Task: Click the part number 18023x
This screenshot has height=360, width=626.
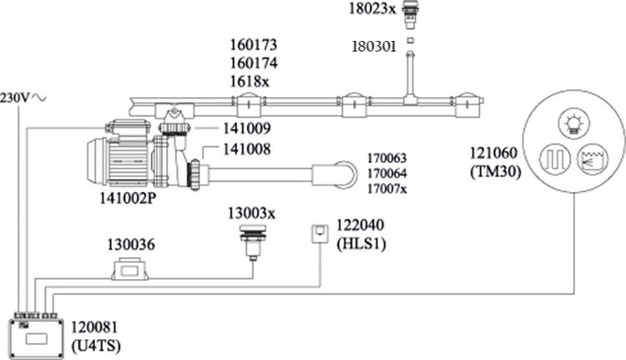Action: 372,9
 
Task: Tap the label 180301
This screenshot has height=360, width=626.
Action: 374,47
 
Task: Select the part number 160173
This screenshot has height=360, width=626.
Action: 254,45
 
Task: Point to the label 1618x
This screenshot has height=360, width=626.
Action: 250,82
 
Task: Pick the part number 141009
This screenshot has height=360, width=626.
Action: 247,129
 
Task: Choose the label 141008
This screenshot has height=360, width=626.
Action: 247,149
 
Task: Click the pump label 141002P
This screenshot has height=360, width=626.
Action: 128,199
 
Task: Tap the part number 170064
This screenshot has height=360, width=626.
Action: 386,174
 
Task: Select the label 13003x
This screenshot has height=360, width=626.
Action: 252,214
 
